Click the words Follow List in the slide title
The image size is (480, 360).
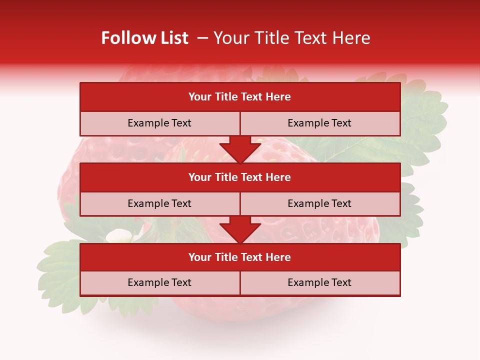[144, 38]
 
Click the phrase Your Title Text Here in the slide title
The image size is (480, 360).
[292, 38]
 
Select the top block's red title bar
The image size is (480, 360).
[240, 97]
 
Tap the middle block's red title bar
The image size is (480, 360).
[240, 177]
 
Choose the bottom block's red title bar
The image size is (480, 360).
[240, 257]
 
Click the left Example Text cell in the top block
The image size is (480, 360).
[159, 123]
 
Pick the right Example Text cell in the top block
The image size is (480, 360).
[319, 123]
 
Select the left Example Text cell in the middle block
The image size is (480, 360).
[159, 203]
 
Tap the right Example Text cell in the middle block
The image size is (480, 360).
[319, 203]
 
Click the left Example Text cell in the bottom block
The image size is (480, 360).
[159, 283]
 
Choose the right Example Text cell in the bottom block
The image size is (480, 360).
[319, 283]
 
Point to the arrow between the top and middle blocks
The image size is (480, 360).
[240, 149]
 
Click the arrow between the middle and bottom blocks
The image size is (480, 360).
[240, 229]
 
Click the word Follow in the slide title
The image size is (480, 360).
[123, 38]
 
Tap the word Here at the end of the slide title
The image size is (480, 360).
[353, 38]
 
